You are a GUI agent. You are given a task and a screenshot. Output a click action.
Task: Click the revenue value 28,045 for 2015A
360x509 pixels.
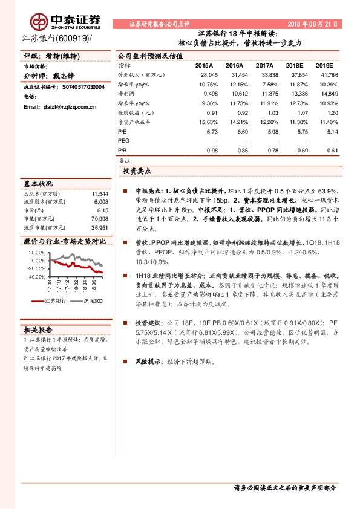click(208, 74)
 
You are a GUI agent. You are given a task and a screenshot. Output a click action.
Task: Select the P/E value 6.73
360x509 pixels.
click(212, 131)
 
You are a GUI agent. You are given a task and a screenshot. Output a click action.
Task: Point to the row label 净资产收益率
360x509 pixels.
click(134, 122)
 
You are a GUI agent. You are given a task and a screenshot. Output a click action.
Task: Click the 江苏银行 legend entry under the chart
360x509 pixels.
click(57, 301)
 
